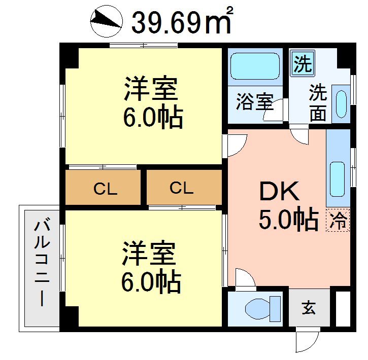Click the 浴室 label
[254, 102]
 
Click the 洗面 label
[318, 103]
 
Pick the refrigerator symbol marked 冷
[338, 220]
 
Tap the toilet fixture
[262, 307]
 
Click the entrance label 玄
[309, 307]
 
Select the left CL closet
[105, 189]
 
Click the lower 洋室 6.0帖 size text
[151, 281]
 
